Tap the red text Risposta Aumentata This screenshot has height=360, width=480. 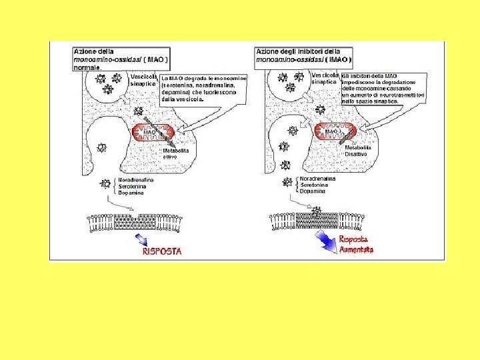tap(357, 244)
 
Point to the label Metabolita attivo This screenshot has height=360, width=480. tap(176, 155)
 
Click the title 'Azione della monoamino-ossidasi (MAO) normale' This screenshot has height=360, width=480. tap(121, 59)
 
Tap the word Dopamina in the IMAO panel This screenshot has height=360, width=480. tap(313, 191)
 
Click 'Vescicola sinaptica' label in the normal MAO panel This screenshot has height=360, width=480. tap(143, 80)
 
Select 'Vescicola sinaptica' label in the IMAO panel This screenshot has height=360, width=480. tap(325, 79)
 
